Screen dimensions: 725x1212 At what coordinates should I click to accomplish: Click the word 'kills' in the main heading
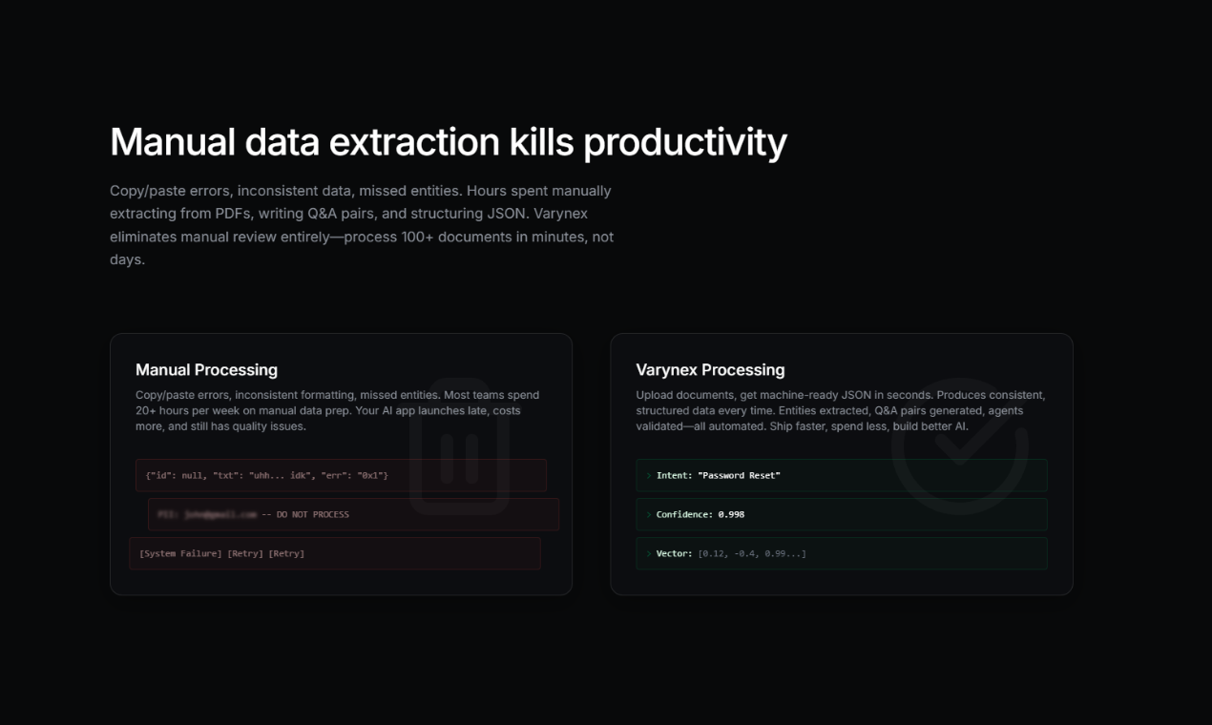[540, 142]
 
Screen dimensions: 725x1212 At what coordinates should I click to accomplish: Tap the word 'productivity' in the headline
[685, 142]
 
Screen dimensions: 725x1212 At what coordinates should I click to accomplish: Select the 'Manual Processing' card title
[206, 370]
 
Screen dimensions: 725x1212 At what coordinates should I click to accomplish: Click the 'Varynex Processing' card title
[710, 370]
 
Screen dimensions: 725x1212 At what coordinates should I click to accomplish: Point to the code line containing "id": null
[267, 475]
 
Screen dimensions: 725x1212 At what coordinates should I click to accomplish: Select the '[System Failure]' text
[180, 553]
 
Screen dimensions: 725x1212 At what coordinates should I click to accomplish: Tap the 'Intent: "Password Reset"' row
[718, 475]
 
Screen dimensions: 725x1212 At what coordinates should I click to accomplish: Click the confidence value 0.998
[730, 514]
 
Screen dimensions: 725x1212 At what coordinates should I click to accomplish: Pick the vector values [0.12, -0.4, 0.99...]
[753, 553]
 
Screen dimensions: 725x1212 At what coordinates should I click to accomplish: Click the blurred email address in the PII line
[220, 514]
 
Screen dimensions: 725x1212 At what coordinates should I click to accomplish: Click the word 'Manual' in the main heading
[173, 142]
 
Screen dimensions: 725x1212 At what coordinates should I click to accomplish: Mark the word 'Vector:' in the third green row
[675, 553]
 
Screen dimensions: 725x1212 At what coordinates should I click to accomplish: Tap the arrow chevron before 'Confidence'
[649, 514]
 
